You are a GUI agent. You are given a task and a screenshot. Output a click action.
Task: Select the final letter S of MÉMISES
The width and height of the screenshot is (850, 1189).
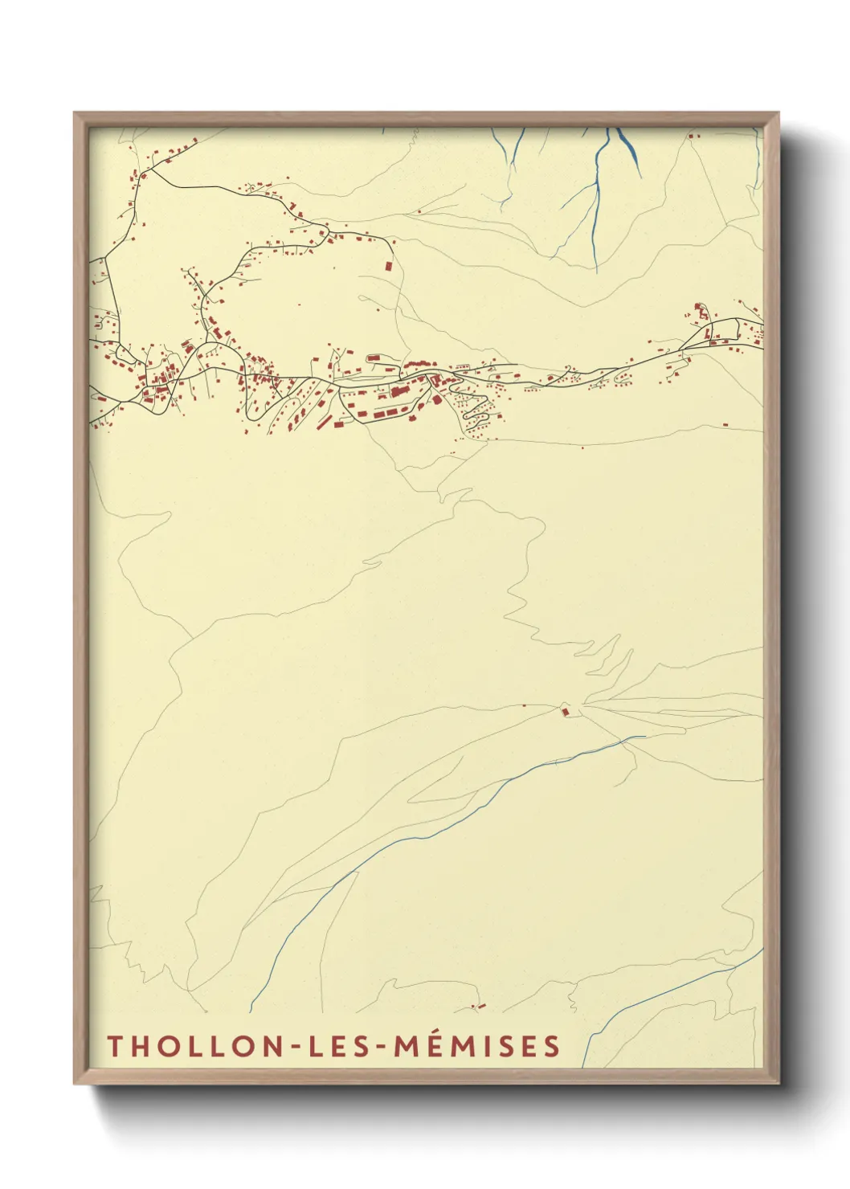[551, 1046]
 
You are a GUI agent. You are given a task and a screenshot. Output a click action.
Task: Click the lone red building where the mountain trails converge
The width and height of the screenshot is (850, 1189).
[565, 711]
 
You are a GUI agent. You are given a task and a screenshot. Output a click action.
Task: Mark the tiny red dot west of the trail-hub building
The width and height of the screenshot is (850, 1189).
[525, 705]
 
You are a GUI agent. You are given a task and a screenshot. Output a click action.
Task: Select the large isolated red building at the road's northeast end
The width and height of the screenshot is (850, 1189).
[389, 265]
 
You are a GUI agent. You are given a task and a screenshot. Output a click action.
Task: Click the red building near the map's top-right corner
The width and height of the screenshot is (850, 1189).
[691, 137]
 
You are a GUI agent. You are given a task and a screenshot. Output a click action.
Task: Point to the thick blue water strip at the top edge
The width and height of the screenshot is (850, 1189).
[623, 141]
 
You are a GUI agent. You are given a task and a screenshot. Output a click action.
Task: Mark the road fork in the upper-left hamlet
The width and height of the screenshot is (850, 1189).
[143, 174]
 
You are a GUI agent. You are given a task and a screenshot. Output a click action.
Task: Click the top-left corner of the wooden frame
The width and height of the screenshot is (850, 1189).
[75, 113]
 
